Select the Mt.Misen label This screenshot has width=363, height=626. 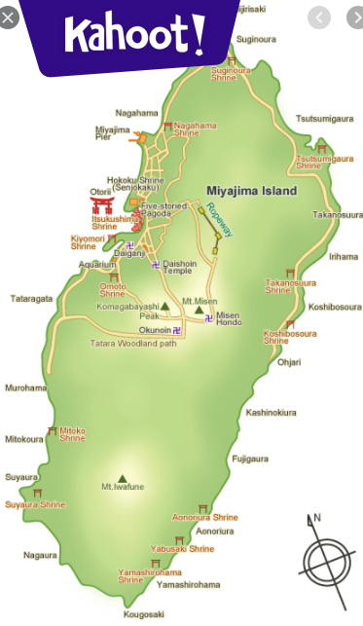(x=200, y=301)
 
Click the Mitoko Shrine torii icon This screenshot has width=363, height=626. (x=52, y=430)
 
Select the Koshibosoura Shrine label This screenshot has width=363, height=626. (x=290, y=337)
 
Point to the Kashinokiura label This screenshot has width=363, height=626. (x=272, y=412)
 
